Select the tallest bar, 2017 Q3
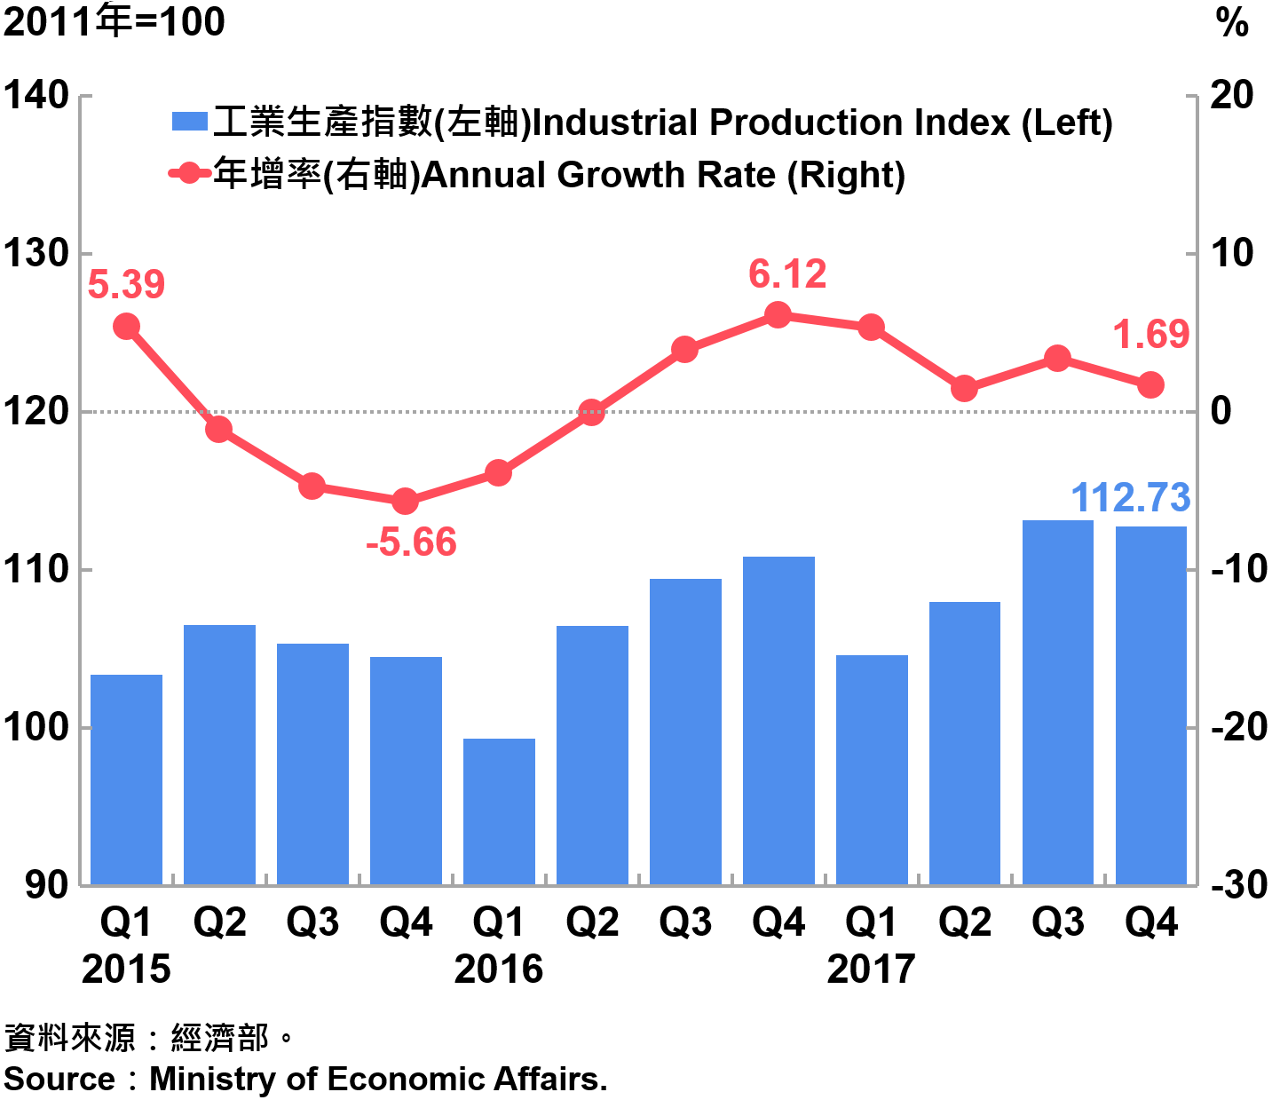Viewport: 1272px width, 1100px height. click(x=1057, y=701)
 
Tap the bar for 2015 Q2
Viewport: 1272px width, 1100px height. click(x=219, y=755)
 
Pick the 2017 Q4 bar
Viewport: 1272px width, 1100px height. click(x=1150, y=705)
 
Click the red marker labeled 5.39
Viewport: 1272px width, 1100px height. click(x=126, y=327)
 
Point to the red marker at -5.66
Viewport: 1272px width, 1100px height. click(x=405, y=502)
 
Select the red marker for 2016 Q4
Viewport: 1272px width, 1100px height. click(x=778, y=315)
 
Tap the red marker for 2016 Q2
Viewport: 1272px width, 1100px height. click(x=591, y=412)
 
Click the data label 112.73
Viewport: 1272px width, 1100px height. click(x=1130, y=497)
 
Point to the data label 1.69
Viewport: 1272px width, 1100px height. click(x=1150, y=335)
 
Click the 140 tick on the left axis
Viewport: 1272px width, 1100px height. click(x=36, y=96)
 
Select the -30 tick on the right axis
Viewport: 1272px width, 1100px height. click(x=1239, y=884)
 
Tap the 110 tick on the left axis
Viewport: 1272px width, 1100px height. click(x=36, y=569)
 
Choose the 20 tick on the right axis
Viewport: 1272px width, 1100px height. click(x=1232, y=96)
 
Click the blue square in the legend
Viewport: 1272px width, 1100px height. click(x=189, y=122)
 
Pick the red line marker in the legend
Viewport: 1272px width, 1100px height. click(x=189, y=173)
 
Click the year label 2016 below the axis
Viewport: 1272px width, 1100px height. click(x=499, y=969)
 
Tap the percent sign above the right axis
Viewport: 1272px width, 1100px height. click(x=1232, y=23)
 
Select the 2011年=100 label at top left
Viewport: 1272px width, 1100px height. click(x=114, y=21)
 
